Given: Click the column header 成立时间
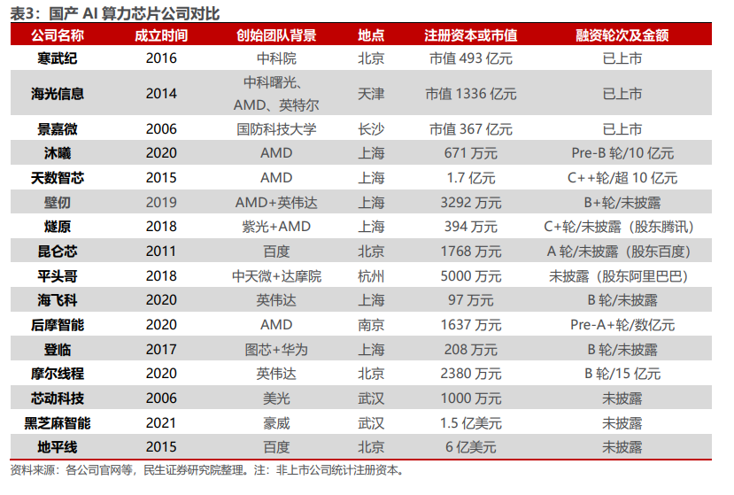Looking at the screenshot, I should pyautogui.click(x=161, y=35).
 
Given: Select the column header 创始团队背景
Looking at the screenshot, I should pyautogui.click(x=276, y=35).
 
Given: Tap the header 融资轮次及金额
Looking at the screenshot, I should pyautogui.click(x=622, y=35).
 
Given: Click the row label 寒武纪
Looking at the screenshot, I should pyautogui.click(x=58, y=58).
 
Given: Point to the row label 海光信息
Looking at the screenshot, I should pyautogui.click(x=58, y=93).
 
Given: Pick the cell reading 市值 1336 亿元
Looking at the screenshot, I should pyautogui.click(x=470, y=93).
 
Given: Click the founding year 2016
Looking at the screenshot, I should pyautogui.click(x=161, y=58).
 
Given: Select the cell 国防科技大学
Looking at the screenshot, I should pyautogui.click(x=276, y=129).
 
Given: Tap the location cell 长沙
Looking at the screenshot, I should pyautogui.click(x=371, y=129).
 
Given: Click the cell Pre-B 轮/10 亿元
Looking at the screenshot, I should pyautogui.click(x=622, y=153).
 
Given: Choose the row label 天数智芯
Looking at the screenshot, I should pyautogui.click(x=58, y=178).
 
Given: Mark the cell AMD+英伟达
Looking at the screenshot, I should pyautogui.click(x=276, y=202).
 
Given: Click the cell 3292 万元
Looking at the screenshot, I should pyautogui.click(x=470, y=202).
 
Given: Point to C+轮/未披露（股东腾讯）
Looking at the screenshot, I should pyautogui.click(x=622, y=227).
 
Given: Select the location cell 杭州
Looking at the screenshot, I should pyautogui.click(x=371, y=275).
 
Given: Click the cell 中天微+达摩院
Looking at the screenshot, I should pyautogui.click(x=276, y=275).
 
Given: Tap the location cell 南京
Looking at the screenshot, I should pyautogui.click(x=371, y=325).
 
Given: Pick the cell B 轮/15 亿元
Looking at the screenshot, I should pyautogui.click(x=622, y=374).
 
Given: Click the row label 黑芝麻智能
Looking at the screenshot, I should pyautogui.click(x=58, y=422).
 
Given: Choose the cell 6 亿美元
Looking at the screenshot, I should pyautogui.click(x=470, y=447).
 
